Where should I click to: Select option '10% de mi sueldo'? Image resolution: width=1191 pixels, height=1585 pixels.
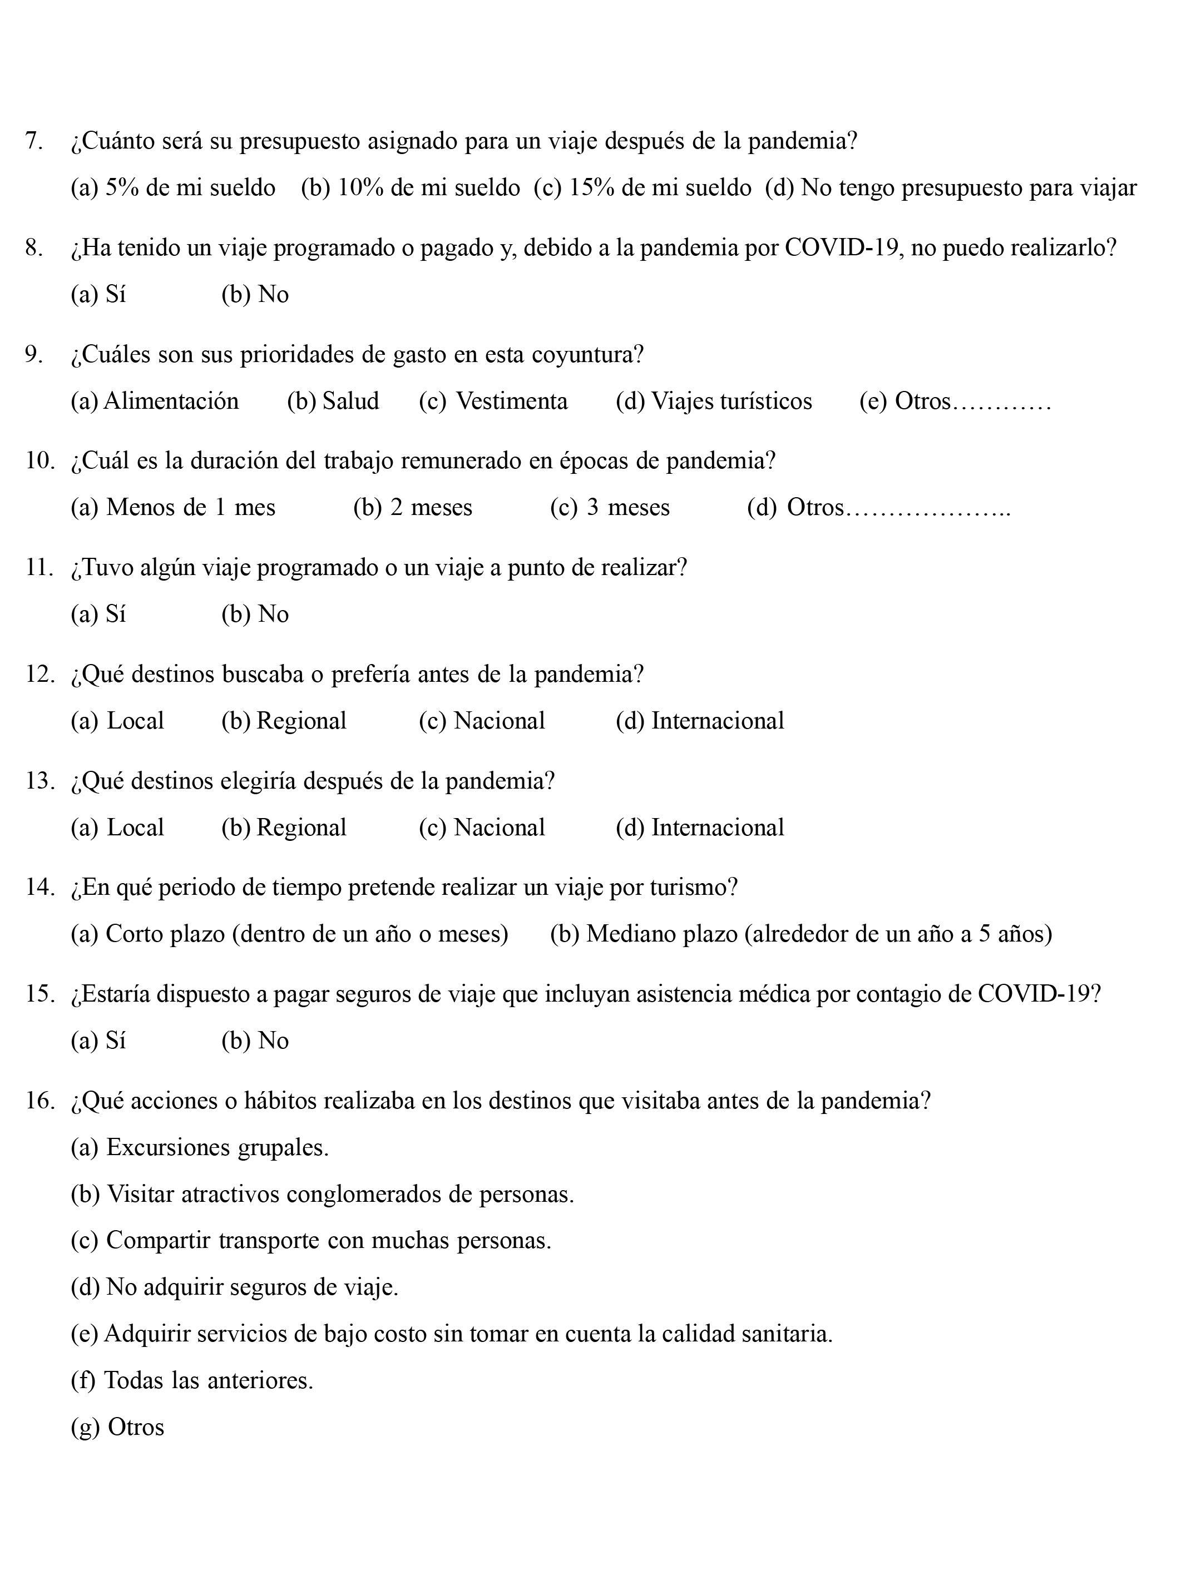(410, 188)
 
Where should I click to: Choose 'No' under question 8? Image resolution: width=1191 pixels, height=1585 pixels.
(255, 295)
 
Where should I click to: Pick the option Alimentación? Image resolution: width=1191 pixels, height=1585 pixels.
(155, 402)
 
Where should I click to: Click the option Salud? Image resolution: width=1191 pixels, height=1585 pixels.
(333, 402)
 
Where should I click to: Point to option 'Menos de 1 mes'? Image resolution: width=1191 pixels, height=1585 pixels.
(172, 507)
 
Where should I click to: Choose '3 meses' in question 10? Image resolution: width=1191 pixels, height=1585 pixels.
(610, 507)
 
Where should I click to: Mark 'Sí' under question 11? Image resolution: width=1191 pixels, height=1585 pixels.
(98, 614)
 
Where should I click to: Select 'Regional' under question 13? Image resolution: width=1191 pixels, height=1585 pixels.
(284, 828)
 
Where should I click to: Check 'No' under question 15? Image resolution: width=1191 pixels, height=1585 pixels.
(255, 1041)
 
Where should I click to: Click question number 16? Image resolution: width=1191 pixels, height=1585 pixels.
(39, 1101)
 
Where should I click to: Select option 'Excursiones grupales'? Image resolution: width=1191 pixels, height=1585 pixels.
(199, 1147)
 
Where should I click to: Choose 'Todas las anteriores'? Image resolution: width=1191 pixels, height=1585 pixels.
(192, 1380)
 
